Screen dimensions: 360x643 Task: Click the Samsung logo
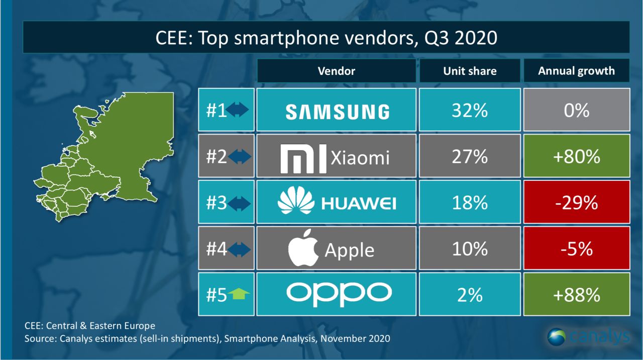pos(337,111)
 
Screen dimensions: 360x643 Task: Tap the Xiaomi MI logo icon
pos(303,158)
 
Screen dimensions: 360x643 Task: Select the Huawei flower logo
pos(295,202)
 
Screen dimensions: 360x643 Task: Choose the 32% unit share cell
pos(470,110)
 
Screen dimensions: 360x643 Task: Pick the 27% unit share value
pos(470,157)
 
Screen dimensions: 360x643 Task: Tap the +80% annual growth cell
pos(576,157)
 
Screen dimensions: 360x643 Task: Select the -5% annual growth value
pos(576,249)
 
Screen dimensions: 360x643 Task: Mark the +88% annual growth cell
pos(576,295)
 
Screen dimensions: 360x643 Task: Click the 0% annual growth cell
pos(576,110)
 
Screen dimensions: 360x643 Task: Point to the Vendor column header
pos(336,71)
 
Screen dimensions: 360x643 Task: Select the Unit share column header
pos(470,71)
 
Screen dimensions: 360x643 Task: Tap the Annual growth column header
pos(576,71)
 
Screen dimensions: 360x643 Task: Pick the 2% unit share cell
pos(470,295)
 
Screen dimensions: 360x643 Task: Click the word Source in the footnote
pos(39,339)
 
